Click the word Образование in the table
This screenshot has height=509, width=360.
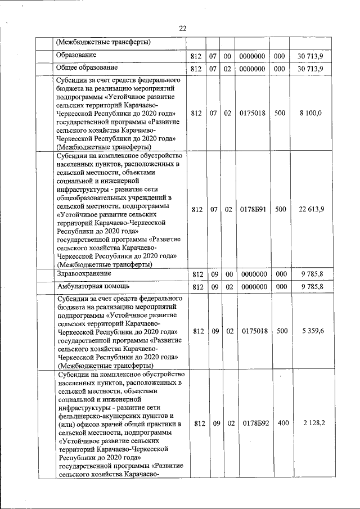click(76, 55)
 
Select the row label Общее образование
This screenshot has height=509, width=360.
click(86, 68)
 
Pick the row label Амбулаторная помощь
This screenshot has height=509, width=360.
click(89, 286)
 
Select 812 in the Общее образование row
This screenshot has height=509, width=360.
click(196, 69)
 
